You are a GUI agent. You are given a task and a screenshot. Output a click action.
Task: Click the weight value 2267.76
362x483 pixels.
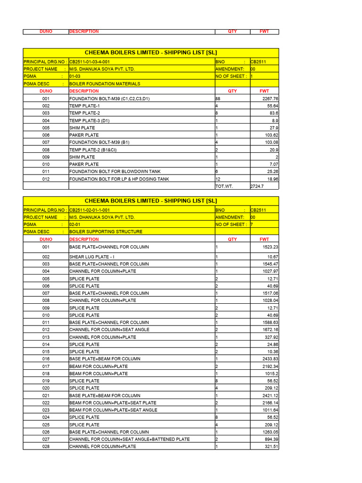pos(270,99)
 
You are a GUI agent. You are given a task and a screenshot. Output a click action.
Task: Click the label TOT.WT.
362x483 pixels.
pos(224,186)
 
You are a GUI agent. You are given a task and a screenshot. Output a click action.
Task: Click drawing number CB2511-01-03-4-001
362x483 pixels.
pos(90,62)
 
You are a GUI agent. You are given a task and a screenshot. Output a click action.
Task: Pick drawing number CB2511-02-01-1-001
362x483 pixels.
pos(90,210)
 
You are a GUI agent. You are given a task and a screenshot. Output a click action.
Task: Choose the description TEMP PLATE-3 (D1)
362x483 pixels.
pos(89,121)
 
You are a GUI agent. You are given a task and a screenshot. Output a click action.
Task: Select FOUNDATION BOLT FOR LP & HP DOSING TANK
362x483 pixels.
pos(119,179)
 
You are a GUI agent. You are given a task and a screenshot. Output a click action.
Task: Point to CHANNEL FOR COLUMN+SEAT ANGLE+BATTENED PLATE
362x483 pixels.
pos(130,439)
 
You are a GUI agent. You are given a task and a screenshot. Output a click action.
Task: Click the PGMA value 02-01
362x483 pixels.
pos(75,225)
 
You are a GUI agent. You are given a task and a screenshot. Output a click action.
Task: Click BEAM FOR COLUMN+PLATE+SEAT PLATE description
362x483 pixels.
pos(113,403)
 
